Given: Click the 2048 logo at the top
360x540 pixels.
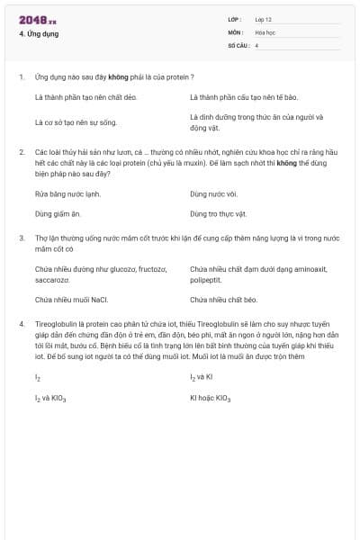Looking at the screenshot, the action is point(37,20).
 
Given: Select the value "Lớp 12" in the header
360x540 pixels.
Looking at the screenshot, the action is point(265,18).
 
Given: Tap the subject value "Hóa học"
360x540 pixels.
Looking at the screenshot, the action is point(265,31).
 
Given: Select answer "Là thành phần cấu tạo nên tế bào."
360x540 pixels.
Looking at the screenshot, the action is point(243,96).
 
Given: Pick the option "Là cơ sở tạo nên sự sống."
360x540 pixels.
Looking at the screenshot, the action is point(76,121).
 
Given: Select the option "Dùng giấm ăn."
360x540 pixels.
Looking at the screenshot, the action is point(58,214).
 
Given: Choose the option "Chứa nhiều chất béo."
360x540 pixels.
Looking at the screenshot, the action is point(223,299).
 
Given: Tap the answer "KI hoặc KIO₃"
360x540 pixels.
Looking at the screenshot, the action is point(210,397).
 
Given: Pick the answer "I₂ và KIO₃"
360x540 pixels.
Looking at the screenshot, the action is point(50,397).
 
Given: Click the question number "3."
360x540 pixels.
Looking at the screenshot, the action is point(21,238).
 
